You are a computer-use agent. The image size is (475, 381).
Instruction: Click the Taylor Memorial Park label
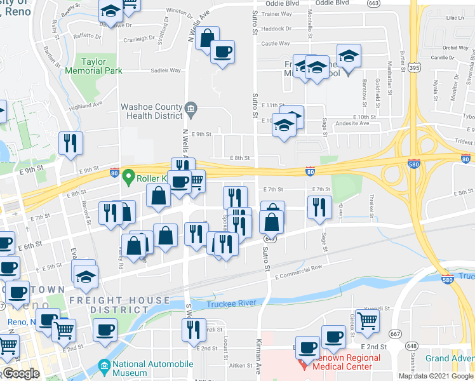pyautogui.click(x=102, y=66)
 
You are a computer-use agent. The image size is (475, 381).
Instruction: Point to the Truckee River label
pyautogui.click(x=232, y=304)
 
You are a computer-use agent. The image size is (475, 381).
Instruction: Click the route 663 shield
pyautogui.click(x=391, y=3)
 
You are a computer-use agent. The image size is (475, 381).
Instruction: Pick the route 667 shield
pyautogui.click(x=396, y=333)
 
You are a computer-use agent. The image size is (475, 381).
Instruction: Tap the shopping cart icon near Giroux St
pyautogui.click(x=367, y=321)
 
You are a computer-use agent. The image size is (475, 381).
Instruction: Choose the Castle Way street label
pyautogui.click(x=276, y=44)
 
